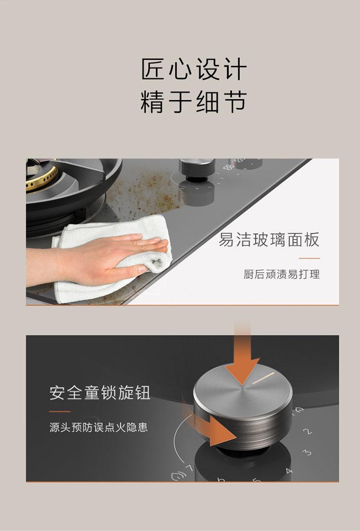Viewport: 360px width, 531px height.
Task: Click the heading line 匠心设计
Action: pyautogui.click(x=193, y=70)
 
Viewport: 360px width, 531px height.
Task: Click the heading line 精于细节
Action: pyautogui.click(x=193, y=102)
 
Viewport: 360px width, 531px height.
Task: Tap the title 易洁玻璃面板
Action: pyautogui.click(x=269, y=240)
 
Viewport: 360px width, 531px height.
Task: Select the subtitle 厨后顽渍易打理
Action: pyautogui.click(x=281, y=275)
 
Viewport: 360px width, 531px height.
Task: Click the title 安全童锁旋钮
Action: pyautogui.click(x=100, y=393)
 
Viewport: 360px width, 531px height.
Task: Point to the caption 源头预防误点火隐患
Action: pyautogui.click(x=98, y=427)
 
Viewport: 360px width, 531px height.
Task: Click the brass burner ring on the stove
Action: pyautogui.click(x=41, y=178)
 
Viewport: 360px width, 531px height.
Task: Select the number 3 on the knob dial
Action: pyautogui.click(x=307, y=452)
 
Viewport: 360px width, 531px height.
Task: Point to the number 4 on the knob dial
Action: pyautogui.click(x=289, y=471)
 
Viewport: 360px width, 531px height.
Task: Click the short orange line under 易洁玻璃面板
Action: pyautogui.click(x=309, y=258)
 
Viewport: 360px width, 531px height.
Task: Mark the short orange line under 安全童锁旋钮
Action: pyautogui.click(x=60, y=411)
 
